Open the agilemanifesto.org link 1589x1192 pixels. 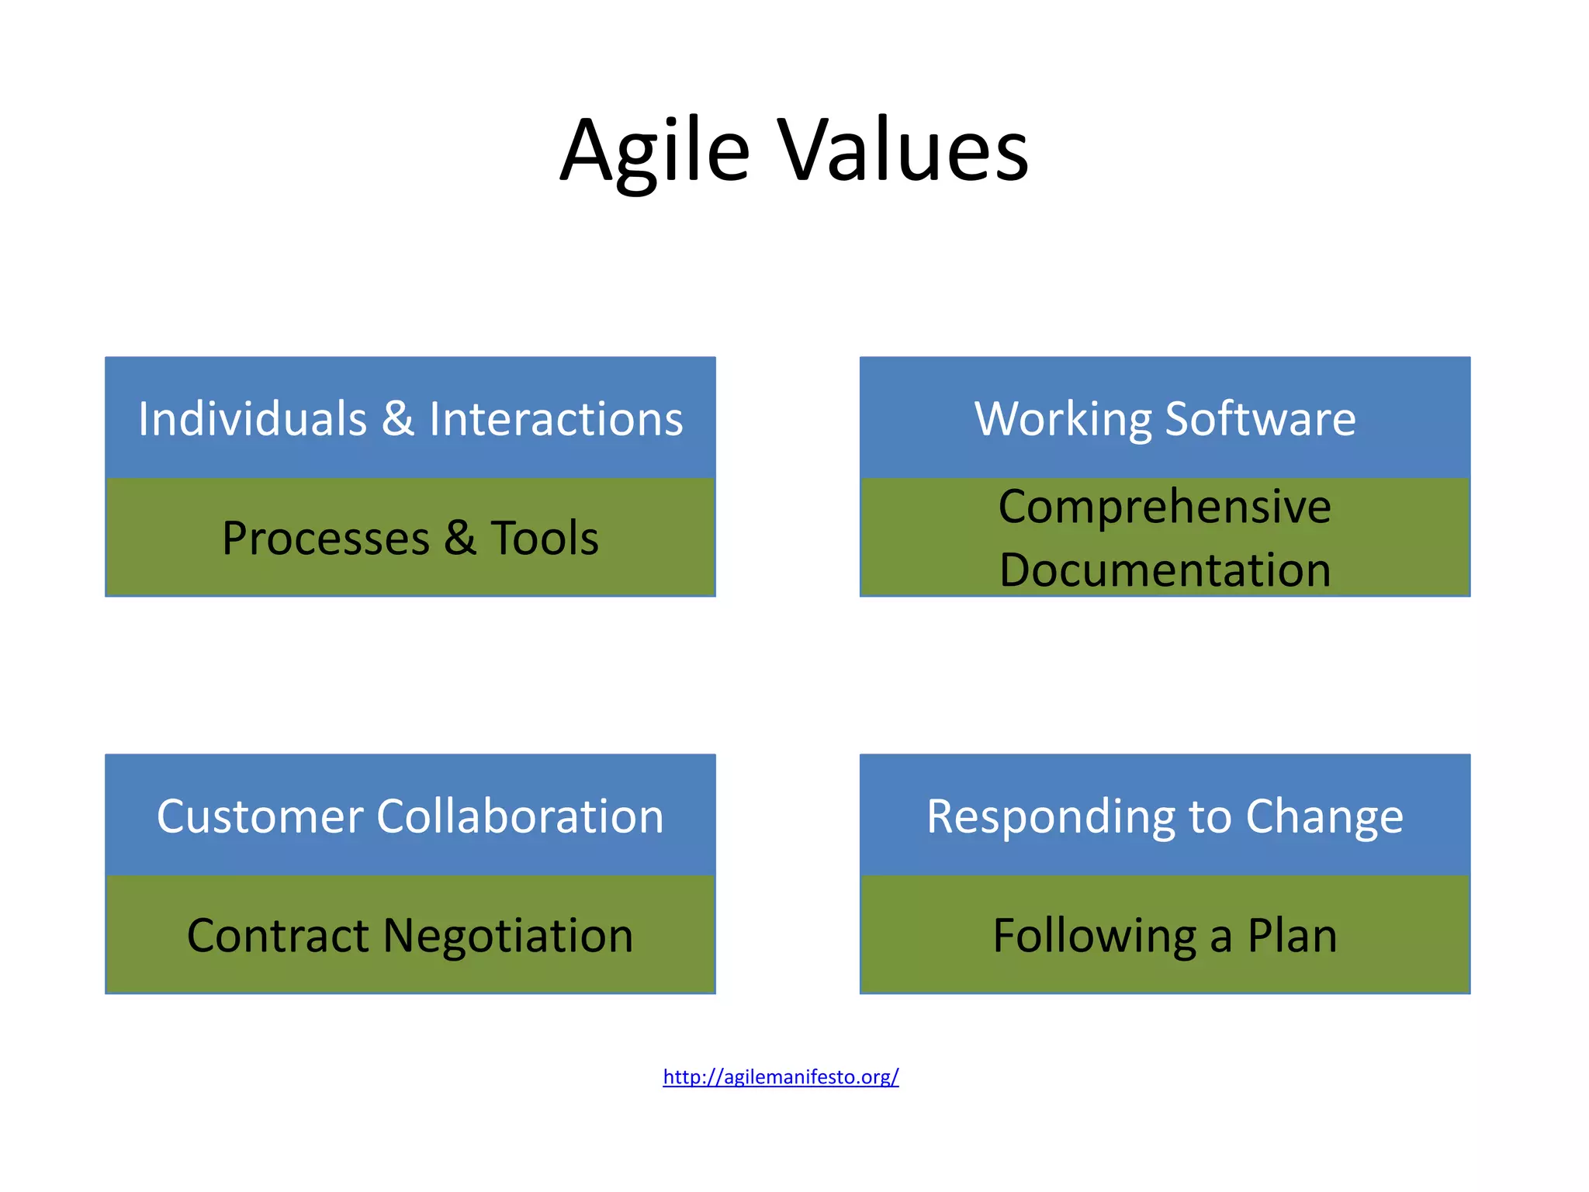tap(781, 1077)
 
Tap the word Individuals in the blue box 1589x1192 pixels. tap(252, 419)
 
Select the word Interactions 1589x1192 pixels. tap(556, 419)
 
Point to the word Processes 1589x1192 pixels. tap(326, 539)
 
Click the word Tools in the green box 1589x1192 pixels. tap(545, 538)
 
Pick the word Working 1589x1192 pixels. tap(1062, 421)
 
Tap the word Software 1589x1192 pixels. tap(1260, 419)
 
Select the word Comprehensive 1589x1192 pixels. tap(1165, 508)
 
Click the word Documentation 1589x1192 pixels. tap(1165, 570)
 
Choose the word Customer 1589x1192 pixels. tap(260, 817)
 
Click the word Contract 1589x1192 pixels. tap(278, 936)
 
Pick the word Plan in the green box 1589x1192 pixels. tap(1292, 936)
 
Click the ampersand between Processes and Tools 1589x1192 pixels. tap(460, 538)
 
